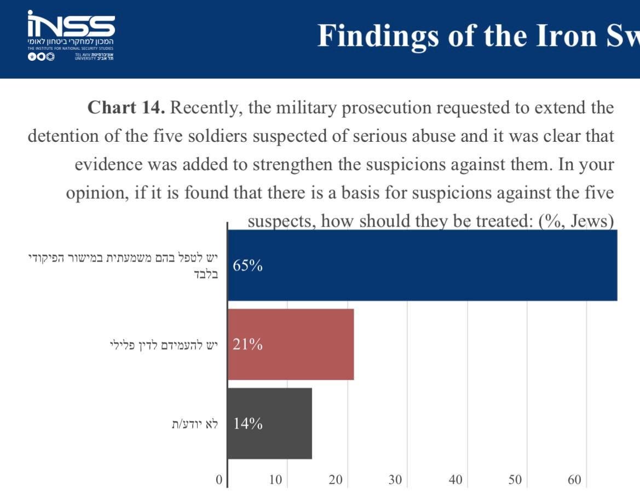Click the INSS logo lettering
coord(71,25)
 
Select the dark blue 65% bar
coord(422,266)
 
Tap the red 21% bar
coord(291,344)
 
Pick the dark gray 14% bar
coord(269,423)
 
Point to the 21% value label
coord(247,344)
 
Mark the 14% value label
coord(247,423)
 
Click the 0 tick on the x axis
coord(219,480)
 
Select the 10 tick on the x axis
coord(275,480)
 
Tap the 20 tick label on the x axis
coord(335,480)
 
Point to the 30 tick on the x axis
coord(395,480)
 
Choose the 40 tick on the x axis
coord(455,480)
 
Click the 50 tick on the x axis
coord(515,480)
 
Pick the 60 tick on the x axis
coord(574,480)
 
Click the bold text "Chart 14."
coord(126,107)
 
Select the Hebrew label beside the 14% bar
coord(194,423)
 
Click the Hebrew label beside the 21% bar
coord(164,344)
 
